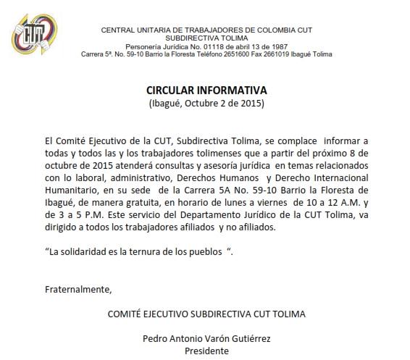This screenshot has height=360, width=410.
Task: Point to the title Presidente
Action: pos(206,351)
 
